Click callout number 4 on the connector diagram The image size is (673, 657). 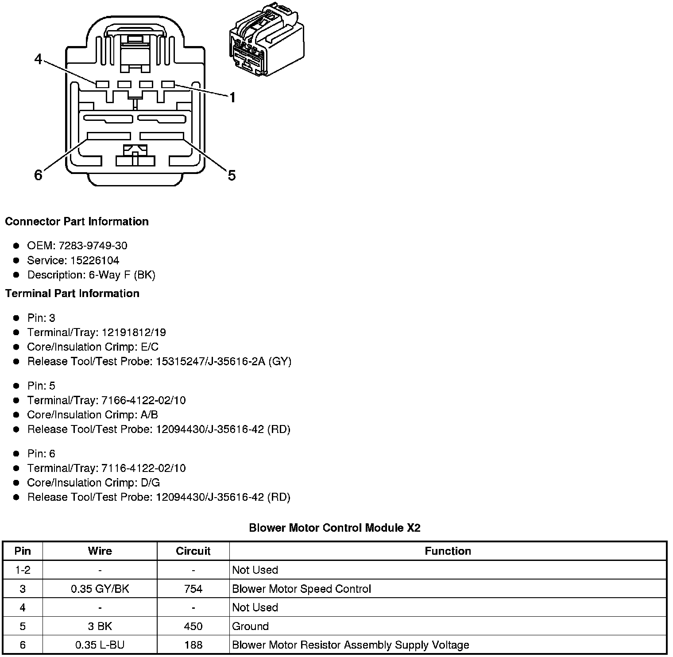pos(39,59)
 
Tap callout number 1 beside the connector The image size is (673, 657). pos(232,97)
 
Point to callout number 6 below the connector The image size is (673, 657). pos(39,175)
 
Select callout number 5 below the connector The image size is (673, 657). pos(232,175)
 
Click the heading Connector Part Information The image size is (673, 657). pos(77,221)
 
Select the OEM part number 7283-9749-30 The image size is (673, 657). pos(93,246)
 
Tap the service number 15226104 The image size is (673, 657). pos(95,260)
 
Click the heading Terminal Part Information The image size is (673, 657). pos(72,294)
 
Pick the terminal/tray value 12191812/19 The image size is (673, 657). pos(134,332)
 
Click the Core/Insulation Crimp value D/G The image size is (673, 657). pos(149,483)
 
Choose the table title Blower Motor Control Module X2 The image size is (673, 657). pos(334,528)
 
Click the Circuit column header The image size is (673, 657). pos(193,551)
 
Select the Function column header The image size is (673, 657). pos(448,551)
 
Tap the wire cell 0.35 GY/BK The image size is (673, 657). pos(100,589)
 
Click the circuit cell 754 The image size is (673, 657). pos(193,589)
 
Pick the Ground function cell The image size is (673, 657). pos(250,626)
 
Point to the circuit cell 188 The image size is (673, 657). pos(193,645)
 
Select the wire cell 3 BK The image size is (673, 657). pos(100,626)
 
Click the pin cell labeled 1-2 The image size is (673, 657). pos(23,570)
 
